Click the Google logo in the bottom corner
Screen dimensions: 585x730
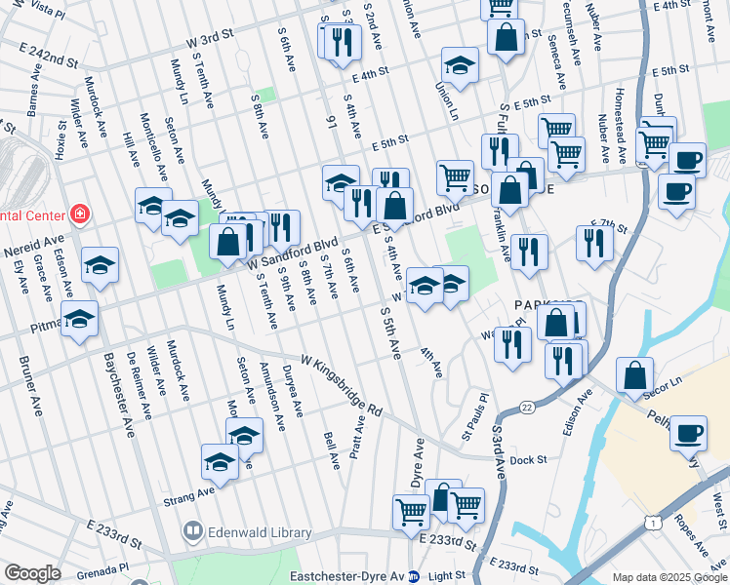point(32,574)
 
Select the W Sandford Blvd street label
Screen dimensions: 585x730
point(293,254)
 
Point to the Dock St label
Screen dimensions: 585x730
point(526,459)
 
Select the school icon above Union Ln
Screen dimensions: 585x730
point(459,65)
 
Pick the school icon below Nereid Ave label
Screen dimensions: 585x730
point(100,266)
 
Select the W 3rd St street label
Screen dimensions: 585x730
point(212,33)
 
